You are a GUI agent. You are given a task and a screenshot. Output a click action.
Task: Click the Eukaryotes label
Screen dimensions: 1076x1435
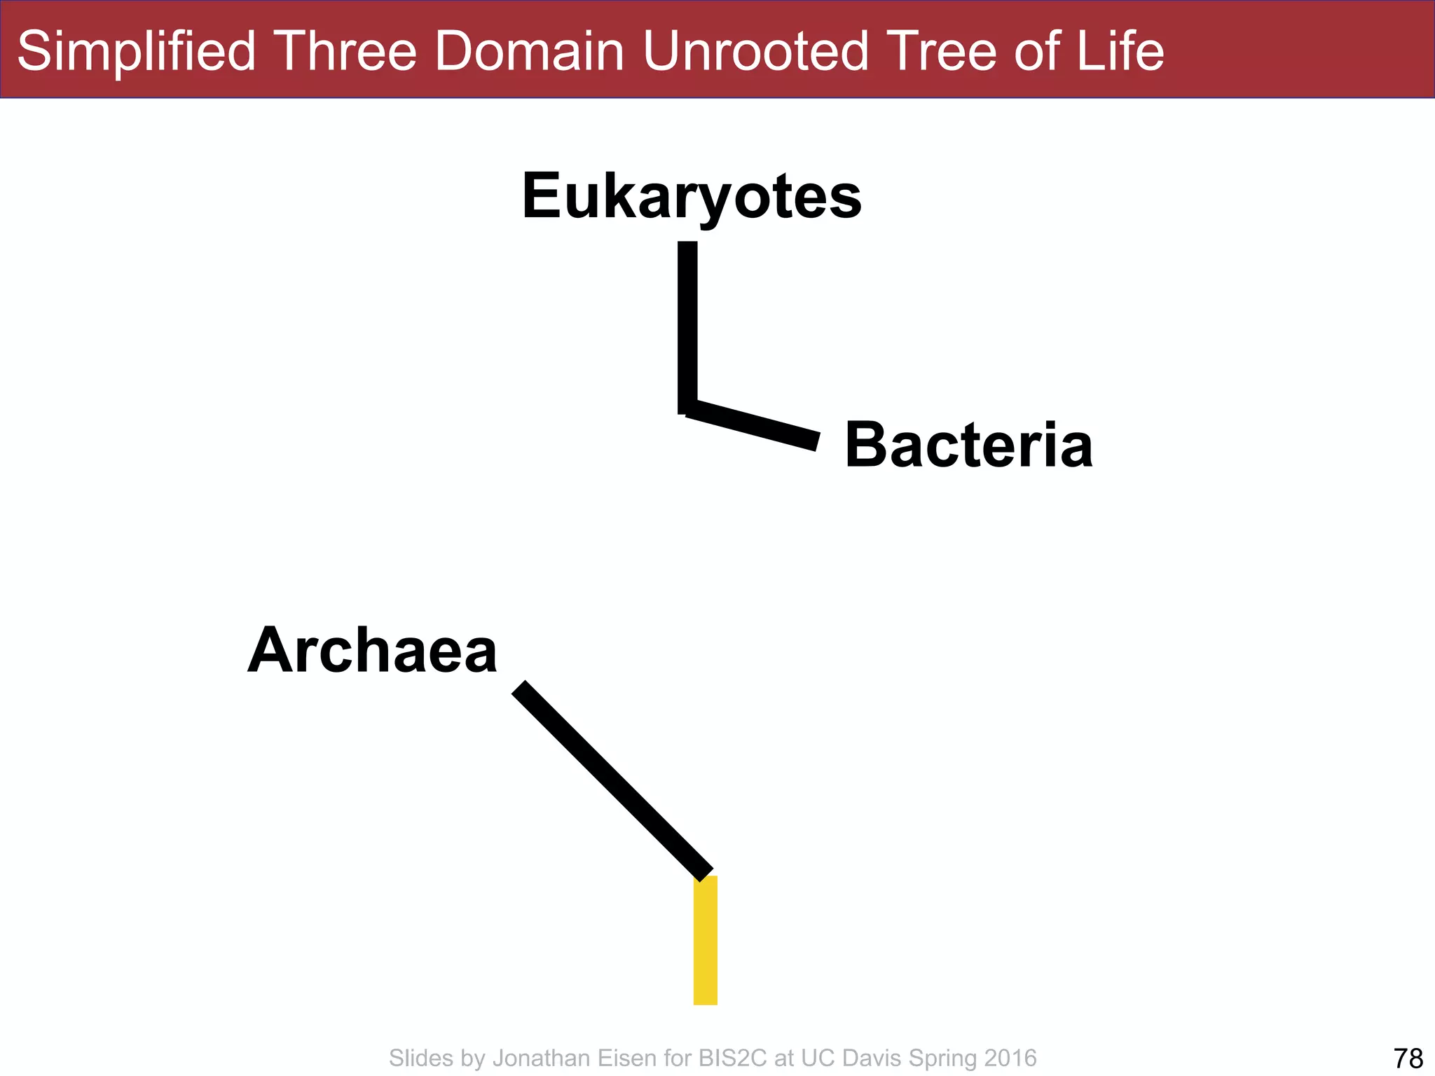[692, 196]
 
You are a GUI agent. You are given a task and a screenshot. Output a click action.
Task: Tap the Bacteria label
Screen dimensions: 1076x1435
[968, 446]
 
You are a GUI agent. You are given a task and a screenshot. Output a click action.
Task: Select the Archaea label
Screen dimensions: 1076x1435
[372, 650]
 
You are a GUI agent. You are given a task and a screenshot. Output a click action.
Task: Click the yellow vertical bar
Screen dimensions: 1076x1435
[705, 940]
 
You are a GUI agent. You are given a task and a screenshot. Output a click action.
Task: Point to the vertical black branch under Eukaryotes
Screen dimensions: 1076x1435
[687, 326]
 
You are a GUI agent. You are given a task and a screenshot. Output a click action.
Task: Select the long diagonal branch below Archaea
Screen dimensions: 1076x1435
[612, 780]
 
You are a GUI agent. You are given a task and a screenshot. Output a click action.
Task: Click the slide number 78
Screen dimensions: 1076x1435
[1408, 1058]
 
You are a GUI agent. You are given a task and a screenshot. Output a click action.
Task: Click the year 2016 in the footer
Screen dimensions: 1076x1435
[1010, 1058]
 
